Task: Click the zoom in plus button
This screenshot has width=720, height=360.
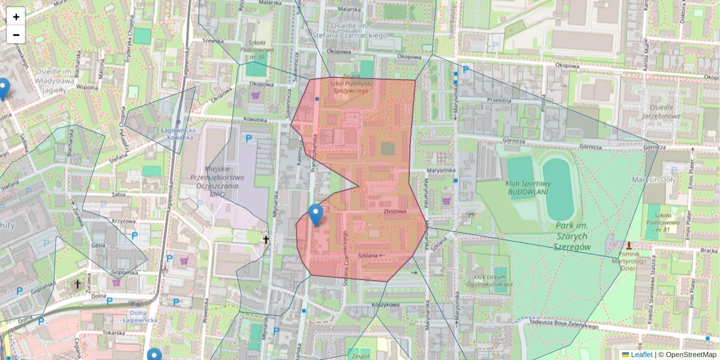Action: [x=16, y=17]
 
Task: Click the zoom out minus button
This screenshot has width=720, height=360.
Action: [x=16, y=35]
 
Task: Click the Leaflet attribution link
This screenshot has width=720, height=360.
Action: [x=641, y=355]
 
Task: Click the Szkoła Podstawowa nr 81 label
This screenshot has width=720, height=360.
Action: [x=662, y=221]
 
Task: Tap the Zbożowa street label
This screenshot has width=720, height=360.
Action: [x=395, y=212]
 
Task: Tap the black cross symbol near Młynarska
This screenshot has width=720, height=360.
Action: [x=266, y=239]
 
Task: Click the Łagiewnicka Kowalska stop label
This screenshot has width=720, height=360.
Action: [x=178, y=133]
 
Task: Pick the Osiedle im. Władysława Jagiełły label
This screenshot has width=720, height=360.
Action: [x=54, y=80]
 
